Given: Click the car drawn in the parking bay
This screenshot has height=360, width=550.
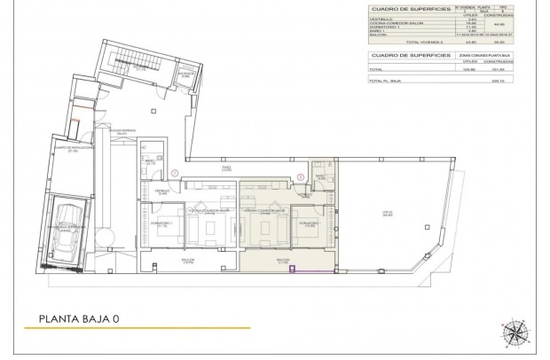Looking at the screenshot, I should point(68,231).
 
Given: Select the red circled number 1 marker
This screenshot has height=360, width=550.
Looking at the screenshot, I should point(176,172).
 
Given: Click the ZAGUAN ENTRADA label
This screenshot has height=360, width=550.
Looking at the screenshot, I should point(122,130).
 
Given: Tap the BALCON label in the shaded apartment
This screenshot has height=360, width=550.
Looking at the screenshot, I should point(282,262).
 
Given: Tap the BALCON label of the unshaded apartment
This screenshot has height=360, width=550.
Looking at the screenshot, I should point(187,262).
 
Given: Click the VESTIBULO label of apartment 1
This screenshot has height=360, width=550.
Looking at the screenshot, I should point(162,191).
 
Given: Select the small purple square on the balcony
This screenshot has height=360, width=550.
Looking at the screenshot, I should point(292,270).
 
